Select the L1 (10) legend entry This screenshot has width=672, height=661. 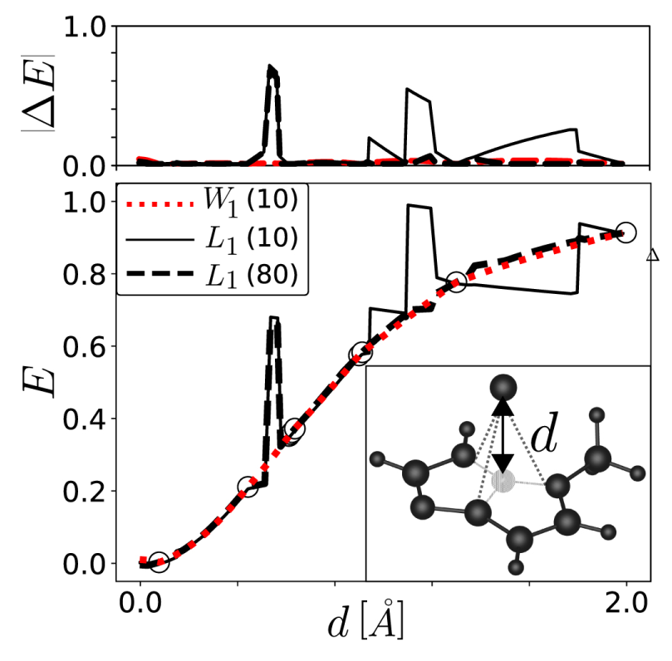tap(211, 238)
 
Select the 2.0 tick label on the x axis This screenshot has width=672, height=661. tap(625, 600)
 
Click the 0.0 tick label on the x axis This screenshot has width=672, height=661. tap(140, 600)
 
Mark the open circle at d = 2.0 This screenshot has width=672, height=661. tap(625, 233)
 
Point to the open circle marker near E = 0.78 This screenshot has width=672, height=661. tap(456, 282)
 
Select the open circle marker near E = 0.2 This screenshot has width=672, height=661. tap(248, 487)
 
